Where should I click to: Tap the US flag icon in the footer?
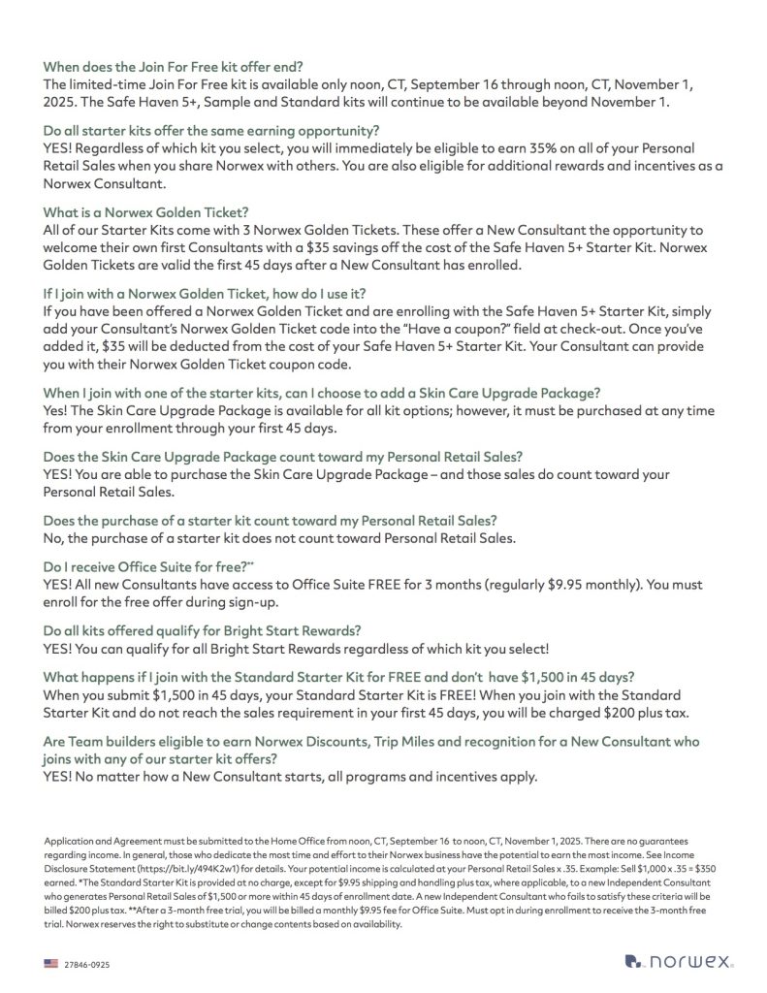(50, 963)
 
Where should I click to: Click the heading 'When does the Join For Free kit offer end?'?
(173, 67)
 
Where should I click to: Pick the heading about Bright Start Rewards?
(203, 629)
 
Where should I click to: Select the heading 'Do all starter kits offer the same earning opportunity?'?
(211, 131)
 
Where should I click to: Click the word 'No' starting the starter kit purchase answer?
(53, 538)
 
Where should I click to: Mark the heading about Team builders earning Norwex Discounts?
(374, 741)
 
